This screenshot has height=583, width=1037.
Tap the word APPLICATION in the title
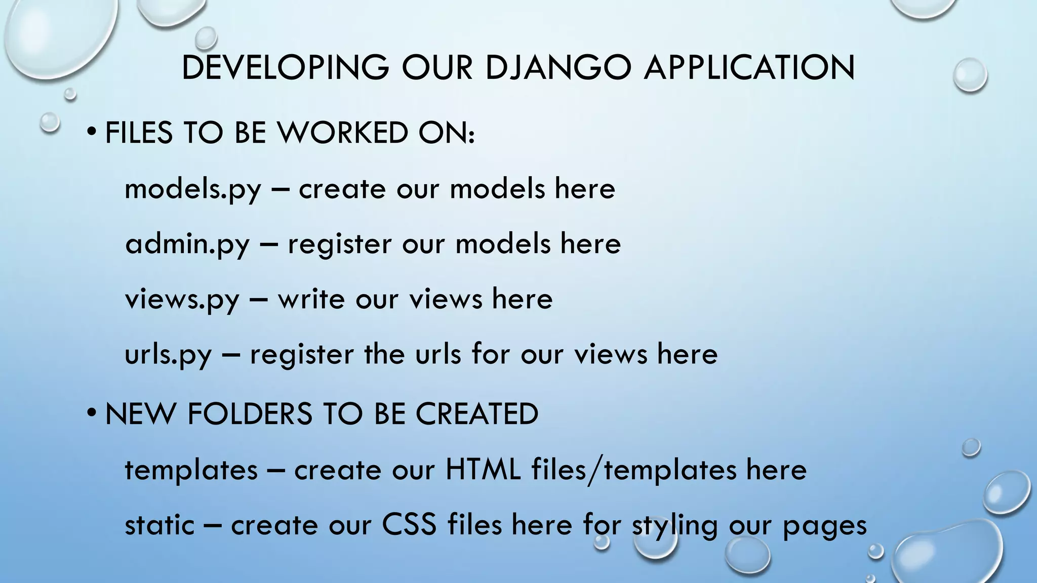pos(749,67)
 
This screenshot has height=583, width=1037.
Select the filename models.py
pos(192,189)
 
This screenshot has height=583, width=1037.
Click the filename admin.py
pos(187,244)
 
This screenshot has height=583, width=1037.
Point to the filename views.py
pos(182,299)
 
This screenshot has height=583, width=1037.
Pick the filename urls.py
pos(168,354)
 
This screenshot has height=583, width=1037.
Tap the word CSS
pos(409,524)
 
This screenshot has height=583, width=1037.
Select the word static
pos(159,524)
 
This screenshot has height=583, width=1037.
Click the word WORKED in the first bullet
pos(343,133)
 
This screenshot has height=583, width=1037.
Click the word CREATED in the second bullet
pos(476,413)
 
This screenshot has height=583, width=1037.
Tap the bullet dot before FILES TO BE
pos(91,133)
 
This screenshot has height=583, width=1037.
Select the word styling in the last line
pos(674,525)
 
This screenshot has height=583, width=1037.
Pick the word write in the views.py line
pos(311,299)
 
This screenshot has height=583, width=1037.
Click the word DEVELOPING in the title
pos(285,67)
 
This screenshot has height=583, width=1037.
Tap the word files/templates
pos(633,469)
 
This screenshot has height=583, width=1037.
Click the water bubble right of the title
pos(970,75)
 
